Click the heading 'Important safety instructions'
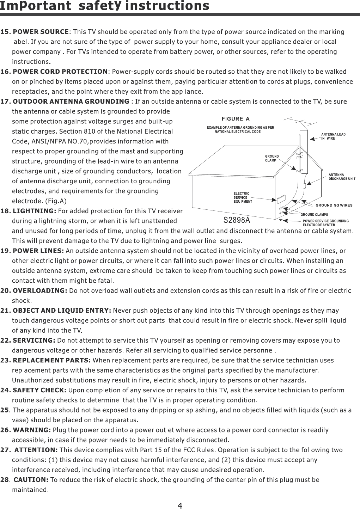[x=105, y=6]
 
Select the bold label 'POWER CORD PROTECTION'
[x=60, y=72]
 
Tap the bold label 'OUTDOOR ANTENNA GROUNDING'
[x=71, y=102]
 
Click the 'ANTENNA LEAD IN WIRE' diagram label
[x=333, y=136]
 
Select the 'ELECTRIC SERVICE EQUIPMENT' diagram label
[x=243, y=197]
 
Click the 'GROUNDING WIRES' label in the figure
[x=333, y=205]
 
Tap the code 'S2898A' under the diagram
[x=237, y=220]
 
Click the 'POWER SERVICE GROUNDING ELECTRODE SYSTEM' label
[x=325, y=223]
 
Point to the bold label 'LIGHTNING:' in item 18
[x=34, y=211]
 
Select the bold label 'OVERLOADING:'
[x=40, y=291]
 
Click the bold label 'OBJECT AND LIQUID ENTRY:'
[x=62, y=311]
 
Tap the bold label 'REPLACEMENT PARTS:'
[x=52, y=360]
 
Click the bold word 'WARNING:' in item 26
[x=32, y=430]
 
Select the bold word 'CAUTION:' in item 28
[x=31, y=480]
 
